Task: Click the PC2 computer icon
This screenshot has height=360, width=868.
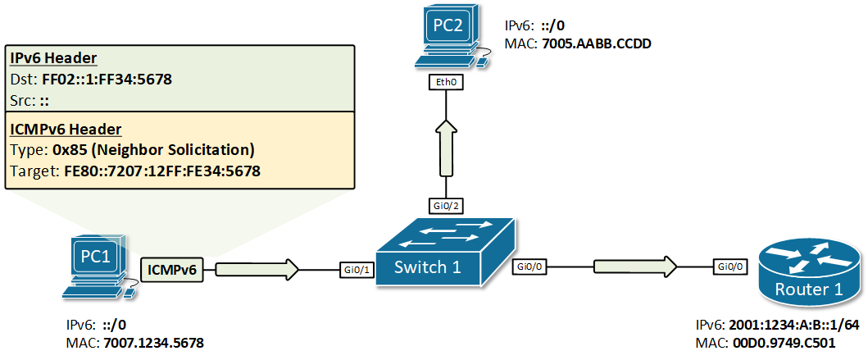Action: (x=448, y=38)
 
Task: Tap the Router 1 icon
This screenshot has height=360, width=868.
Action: (x=807, y=271)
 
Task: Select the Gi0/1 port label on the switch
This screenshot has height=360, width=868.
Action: (x=357, y=267)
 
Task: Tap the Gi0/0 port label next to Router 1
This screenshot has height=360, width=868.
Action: (x=730, y=267)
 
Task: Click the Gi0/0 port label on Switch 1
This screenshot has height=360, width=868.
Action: (x=531, y=267)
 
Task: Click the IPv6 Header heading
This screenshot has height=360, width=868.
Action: (x=53, y=58)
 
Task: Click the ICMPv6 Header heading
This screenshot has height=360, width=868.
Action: (x=66, y=129)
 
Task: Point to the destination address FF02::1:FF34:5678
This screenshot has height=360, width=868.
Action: (x=107, y=79)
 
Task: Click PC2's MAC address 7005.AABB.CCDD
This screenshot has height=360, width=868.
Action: (x=597, y=44)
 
